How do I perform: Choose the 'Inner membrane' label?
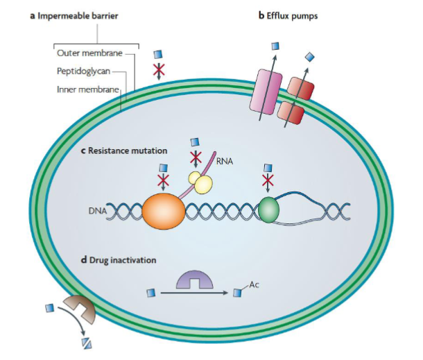[85, 88]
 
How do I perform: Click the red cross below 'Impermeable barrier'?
[159, 69]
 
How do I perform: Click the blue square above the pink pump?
[275, 46]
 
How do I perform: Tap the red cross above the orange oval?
[163, 181]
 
